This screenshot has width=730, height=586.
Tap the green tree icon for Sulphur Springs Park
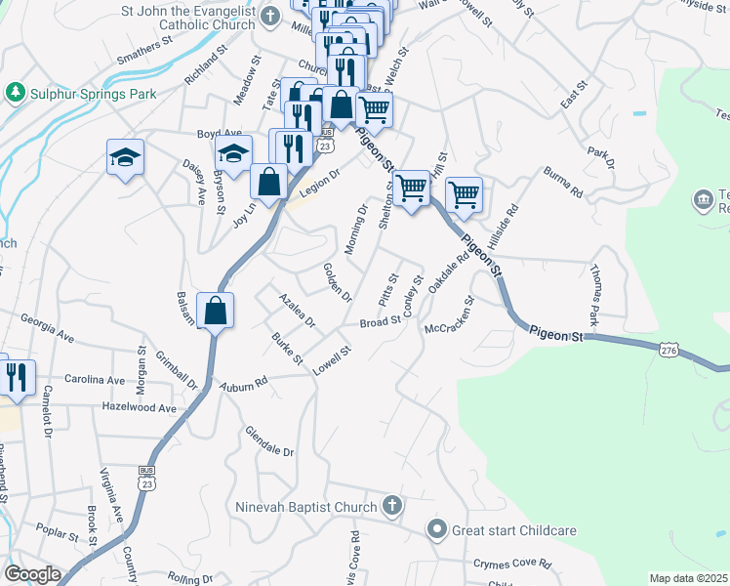click(15, 92)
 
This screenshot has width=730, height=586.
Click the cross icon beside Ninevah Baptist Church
click(391, 506)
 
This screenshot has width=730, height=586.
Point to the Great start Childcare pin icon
click(436, 530)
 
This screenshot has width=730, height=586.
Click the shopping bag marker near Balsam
click(215, 312)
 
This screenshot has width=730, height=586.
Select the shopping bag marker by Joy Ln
click(268, 181)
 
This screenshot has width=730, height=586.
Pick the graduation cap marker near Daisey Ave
click(126, 157)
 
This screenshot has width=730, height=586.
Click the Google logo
click(32, 574)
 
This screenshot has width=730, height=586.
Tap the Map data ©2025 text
click(687, 578)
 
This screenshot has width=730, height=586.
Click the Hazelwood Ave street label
click(140, 408)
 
